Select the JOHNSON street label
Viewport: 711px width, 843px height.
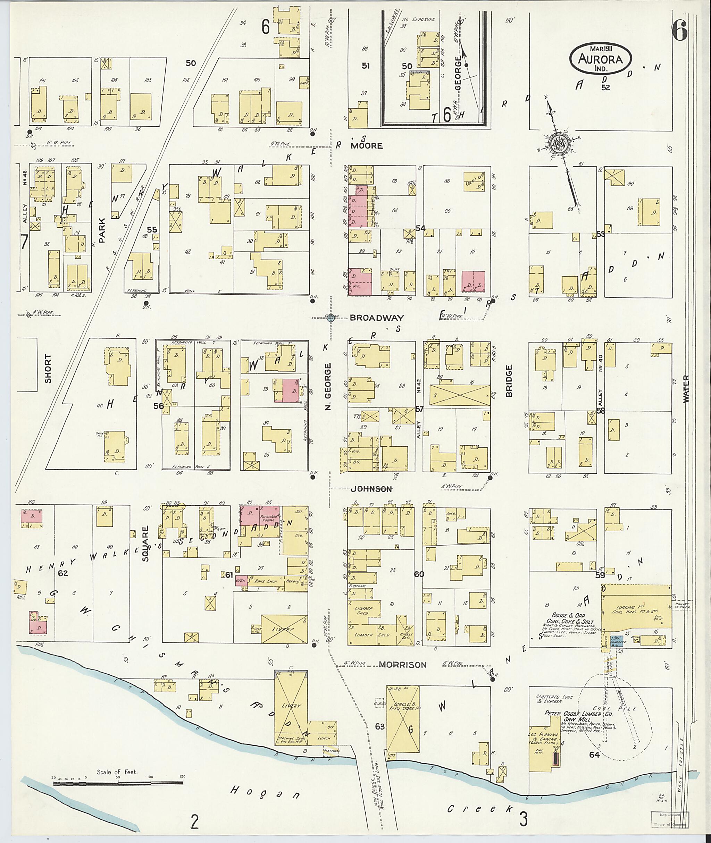371,489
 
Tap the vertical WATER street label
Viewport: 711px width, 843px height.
686,389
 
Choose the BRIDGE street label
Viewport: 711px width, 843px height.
509,381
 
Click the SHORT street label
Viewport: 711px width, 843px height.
48,368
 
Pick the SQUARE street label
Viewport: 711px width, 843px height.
145,543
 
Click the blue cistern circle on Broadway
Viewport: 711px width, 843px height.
331,318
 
